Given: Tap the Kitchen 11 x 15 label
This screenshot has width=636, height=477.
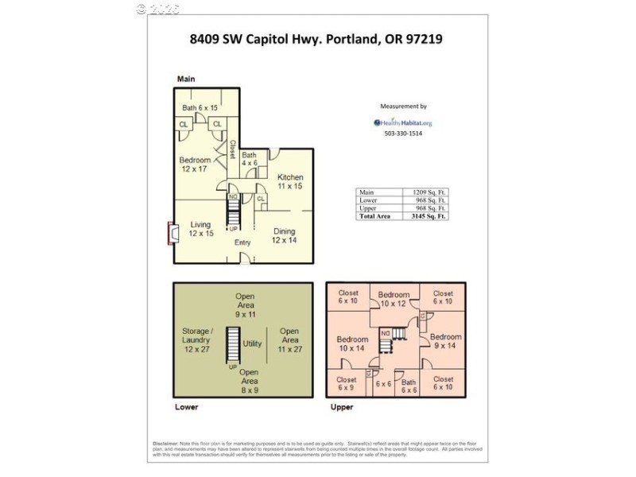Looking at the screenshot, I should [x=290, y=180].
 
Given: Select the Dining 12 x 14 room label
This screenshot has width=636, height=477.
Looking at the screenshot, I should [x=285, y=235].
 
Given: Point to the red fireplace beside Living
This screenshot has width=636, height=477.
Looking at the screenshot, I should [x=170, y=234].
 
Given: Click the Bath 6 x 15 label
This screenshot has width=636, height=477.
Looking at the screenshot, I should [x=200, y=107].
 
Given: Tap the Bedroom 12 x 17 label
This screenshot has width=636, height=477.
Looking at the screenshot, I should [x=195, y=164].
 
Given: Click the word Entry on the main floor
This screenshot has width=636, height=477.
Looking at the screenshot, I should [x=242, y=242].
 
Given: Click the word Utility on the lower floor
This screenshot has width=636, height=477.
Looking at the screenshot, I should [x=252, y=343].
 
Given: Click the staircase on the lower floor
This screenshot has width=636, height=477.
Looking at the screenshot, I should [x=233, y=346].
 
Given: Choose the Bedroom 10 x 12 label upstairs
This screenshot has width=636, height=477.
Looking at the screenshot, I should [x=394, y=299].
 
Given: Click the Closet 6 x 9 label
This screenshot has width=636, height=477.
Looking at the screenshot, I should [x=347, y=383].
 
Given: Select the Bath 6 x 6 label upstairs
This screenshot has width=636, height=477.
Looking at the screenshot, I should [x=409, y=386].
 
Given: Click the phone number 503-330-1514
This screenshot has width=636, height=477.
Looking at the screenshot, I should [x=403, y=134].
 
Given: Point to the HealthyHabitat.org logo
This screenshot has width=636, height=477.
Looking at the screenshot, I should [x=403, y=122].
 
